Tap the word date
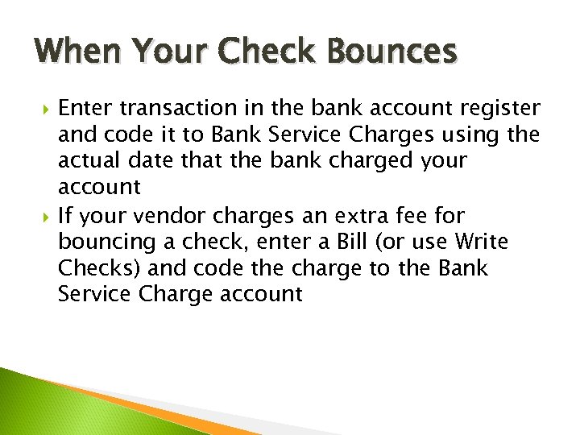click(155, 161)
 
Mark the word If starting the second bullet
click(67, 216)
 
